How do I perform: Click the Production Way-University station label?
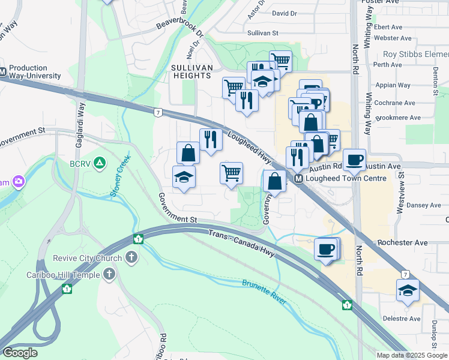pyautogui.click(x=35, y=72)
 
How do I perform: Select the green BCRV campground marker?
pyautogui.click(x=100, y=163)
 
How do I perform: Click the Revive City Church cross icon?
pyautogui.click(x=131, y=258)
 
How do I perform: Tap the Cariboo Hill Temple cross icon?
pyautogui.click(x=109, y=275)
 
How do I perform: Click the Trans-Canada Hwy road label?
pyautogui.click(x=241, y=243)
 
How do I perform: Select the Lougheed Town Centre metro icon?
pyautogui.click(x=298, y=179)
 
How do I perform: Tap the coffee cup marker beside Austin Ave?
pyautogui.click(x=355, y=160)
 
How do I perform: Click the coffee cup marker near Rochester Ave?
pyautogui.click(x=326, y=248)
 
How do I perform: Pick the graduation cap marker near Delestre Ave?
pyautogui.click(x=408, y=290)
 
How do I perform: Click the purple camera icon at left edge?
pyautogui.click(x=19, y=181)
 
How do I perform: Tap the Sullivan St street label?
pyautogui.click(x=264, y=34)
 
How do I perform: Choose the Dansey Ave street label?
pyautogui.click(x=424, y=205)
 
